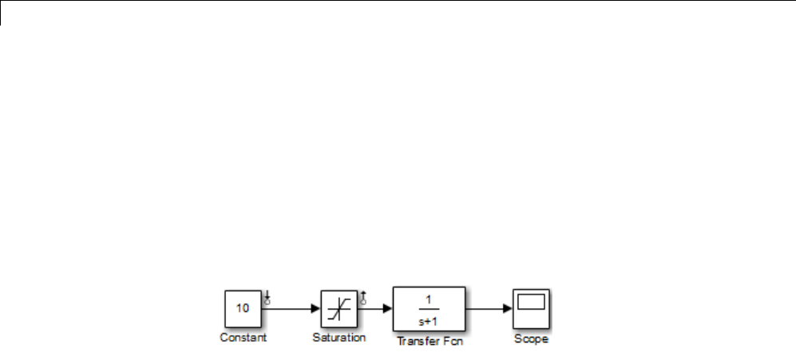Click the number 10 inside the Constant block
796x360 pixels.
coord(243,307)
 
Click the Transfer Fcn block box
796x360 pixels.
coord(429,309)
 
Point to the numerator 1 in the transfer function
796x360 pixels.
coord(429,299)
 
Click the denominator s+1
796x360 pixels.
coord(429,319)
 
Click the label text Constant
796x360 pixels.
coord(244,338)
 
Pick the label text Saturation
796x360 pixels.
coord(339,338)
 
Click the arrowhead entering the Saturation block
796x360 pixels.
coord(316,307)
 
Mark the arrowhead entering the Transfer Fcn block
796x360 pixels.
coord(387,307)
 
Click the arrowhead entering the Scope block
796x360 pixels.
coord(508,307)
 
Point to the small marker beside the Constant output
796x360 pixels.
coord(267,299)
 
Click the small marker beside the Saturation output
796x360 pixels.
coord(363,299)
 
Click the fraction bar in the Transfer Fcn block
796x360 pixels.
coord(429,309)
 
